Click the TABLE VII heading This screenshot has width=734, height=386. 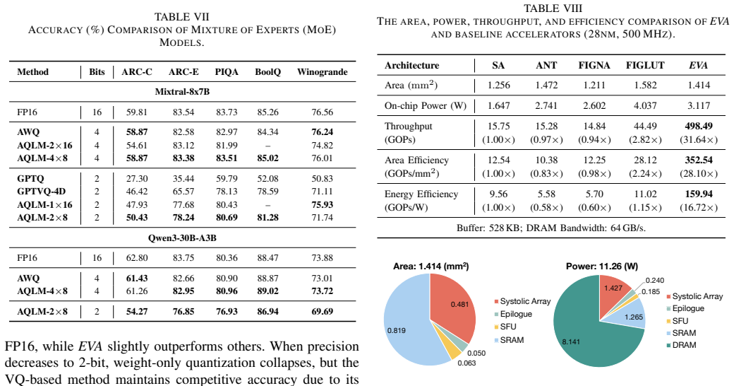click(x=181, y=17)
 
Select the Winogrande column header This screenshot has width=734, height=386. click(x=322, y=72)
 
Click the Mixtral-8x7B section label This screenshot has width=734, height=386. click(x=182, y=91)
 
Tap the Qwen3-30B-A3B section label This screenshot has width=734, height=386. click(x=182, y=238)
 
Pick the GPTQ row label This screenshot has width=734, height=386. click(x=30, y=179)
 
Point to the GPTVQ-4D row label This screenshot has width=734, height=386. click(x=41, y=192)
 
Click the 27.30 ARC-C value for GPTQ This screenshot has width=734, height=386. click(x=137, y=179)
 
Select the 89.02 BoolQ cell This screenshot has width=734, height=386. click(x=267, y=291)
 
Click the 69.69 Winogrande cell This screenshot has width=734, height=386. click(x=322, y=312)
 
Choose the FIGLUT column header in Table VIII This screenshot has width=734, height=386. click(x=645, y=65)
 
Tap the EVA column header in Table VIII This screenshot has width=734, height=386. click(x=698, y=65)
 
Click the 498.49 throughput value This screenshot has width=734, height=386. click(x=699, y=126)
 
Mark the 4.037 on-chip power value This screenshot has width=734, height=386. click(x=645, y=105)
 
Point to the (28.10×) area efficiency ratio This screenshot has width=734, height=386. click(x=699, y=173)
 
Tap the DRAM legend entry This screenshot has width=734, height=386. click(x=681, y=345)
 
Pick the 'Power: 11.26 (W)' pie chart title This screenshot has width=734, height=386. click(x=602, y=267)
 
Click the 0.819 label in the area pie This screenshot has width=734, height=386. click(x=397, y=330)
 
